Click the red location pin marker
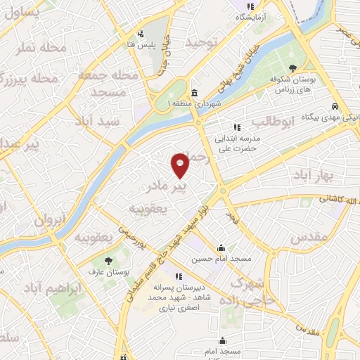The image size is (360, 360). [181, 165]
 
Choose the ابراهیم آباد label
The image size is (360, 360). [53, 289]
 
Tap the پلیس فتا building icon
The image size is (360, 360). [141, 33]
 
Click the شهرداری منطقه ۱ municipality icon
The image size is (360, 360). [194, 93]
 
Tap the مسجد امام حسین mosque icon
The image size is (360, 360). [222, 248]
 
